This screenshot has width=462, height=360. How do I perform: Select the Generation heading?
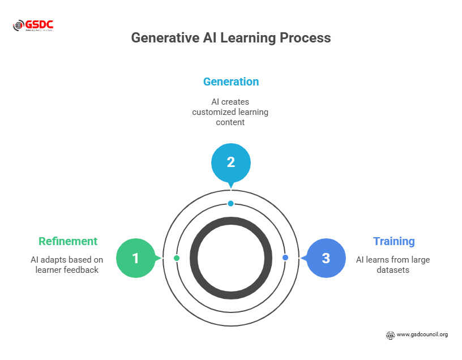coord(231,82)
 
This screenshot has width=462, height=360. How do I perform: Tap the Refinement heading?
coord(68,241)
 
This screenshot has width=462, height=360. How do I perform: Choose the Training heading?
coord(393,241)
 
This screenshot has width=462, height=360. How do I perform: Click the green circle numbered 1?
coord(136,258)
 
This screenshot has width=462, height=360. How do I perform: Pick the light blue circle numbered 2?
coord(231,162)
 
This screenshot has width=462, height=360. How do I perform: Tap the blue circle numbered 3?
coord(326,258)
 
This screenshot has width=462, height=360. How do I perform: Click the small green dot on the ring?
coord(177,258)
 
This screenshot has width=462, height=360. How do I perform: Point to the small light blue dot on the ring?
coord(231,203)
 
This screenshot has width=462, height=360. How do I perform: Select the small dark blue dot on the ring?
coord(285,258)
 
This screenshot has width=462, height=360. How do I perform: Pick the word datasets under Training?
coord(393,270)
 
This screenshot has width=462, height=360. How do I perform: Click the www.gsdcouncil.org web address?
coord(422,335)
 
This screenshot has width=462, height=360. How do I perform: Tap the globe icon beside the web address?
coord(390,335)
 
